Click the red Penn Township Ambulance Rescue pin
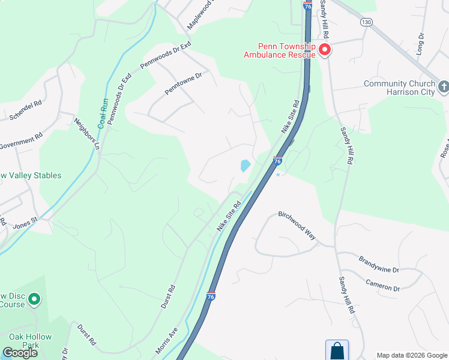(x=325, y=49)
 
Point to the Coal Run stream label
(x=104, y=112)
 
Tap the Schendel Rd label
(x=22, y=110)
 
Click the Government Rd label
(x=21, y=142)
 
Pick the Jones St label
(x=25, y=223)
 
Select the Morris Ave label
(x=167, y=340)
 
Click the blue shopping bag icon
(x=337, y=351)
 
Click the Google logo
(x=20, y=353)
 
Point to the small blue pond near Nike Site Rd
(x=245, y=166)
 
